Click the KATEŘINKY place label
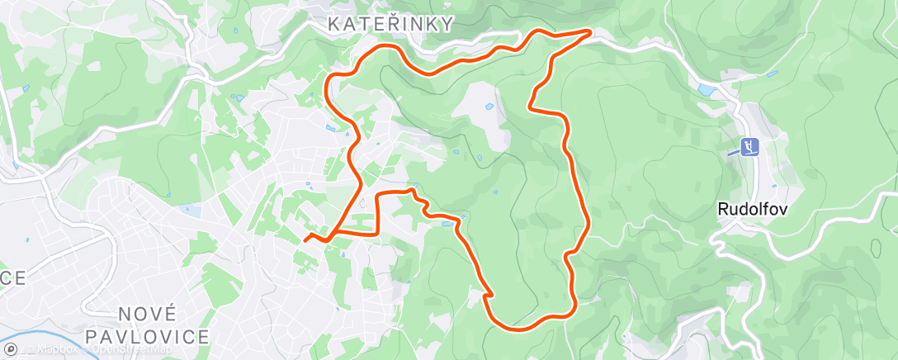point(390,25)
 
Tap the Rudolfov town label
point(752,210)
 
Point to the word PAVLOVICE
point(148,336)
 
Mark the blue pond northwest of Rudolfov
point(707,90)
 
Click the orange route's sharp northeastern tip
point(591,31)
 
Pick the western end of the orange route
point(305,239)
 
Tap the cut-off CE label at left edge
point(12,278)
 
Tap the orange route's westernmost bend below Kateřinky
point(328,83)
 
